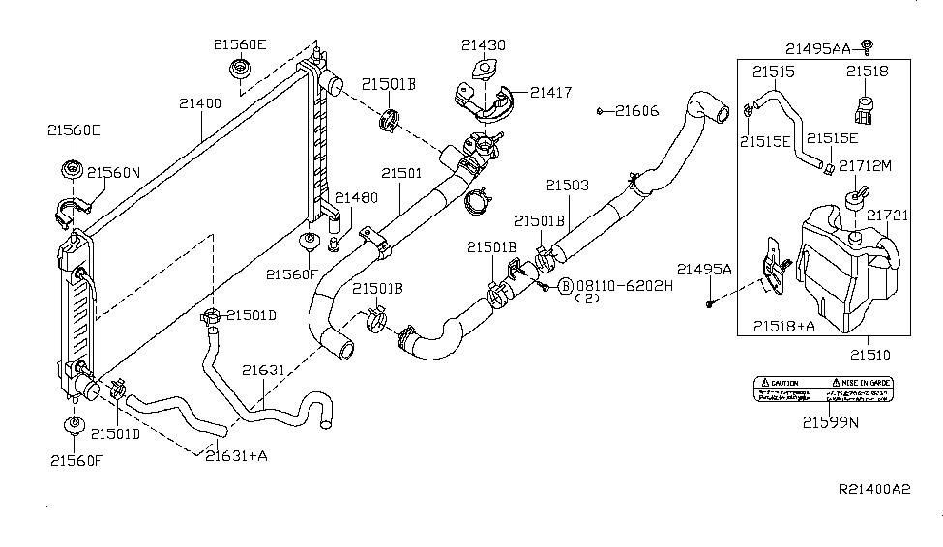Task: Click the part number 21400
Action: click(x=200, y=102)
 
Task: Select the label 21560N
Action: click(x=113, y=173)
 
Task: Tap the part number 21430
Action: click(x=483, y=45)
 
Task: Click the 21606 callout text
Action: click(x=637, y=111)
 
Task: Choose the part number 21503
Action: click(x=567, y=184)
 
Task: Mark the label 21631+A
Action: click(x=236, y=454)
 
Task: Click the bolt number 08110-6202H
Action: click(x=616, y=286)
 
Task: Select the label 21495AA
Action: click(x=817, y=48)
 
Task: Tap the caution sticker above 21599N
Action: click(x=823, y=389)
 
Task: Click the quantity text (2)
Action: click(x=587, y=300)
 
